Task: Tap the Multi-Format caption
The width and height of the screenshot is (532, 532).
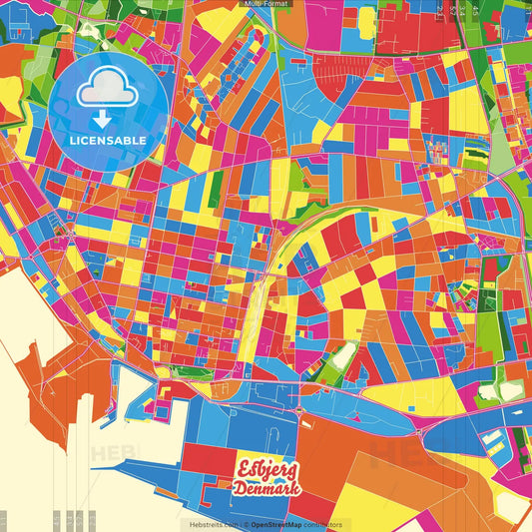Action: tap(266, 4)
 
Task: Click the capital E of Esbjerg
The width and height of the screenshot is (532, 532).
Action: tap(242, 469)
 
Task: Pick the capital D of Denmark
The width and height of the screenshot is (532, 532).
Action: tap(240, 488)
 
